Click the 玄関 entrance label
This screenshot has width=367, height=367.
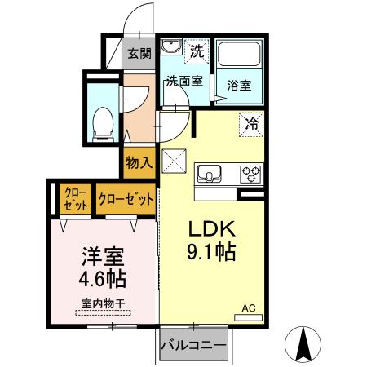tap(139, 55)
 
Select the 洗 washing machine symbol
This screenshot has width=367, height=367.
tap(197, 51)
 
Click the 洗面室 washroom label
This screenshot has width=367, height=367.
tap(183, 81)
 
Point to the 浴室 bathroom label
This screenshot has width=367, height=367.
tap(239, 83)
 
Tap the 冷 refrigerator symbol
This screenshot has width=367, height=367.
tap(251, 124)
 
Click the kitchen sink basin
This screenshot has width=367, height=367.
tap(207, 173)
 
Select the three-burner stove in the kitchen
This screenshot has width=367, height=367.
tap(250, 173)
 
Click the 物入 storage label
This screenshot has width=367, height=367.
tap(139, 162)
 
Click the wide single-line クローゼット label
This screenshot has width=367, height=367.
tap(125, 198)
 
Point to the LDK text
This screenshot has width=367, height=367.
tap(213, 228)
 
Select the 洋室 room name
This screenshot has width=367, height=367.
tap(102, 256)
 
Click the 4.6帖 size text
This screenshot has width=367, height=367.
tap(102, 280)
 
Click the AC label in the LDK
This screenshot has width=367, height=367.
tap(250, 308)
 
